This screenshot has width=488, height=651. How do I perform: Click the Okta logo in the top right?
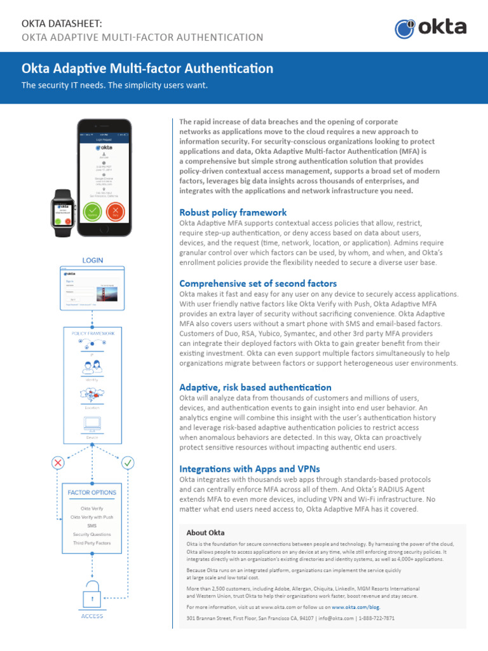click(430, 28)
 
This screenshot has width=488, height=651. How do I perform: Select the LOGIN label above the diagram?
click(93, 260)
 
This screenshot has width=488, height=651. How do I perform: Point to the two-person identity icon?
click(93, 369)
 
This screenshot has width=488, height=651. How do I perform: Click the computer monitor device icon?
click(93, 423)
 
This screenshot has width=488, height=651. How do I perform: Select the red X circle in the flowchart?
click(58, 462)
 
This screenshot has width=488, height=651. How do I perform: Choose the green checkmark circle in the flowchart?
click(128, 462)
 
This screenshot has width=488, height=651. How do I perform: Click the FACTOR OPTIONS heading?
click(92, 493)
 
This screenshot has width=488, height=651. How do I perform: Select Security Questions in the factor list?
click(92, 535)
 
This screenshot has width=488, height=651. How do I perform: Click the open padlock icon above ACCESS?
click(93, 594)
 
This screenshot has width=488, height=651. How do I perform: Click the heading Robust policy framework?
click(233, 212)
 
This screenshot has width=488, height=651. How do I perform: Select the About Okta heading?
click(205, 533)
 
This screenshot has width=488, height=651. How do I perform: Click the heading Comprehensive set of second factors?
click(258, 284)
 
